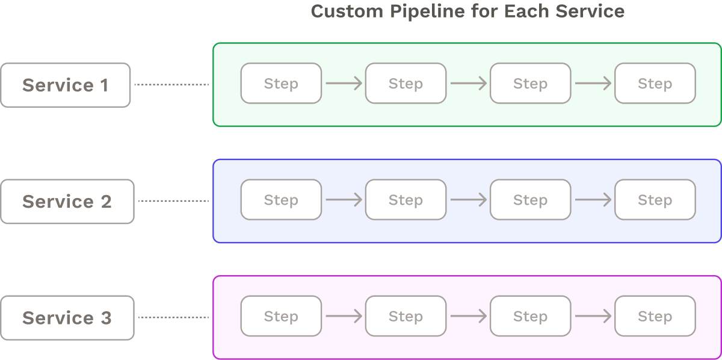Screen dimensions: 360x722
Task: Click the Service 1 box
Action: (65, 85)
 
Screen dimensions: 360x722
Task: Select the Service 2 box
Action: (67, 201)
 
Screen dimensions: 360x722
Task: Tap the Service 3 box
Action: (67, 317)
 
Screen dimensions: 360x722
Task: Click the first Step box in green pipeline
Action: (281, 83)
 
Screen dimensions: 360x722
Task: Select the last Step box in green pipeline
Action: (655, 83)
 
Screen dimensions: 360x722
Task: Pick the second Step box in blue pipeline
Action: (406, 199)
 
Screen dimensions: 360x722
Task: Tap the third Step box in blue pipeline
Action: (530, 199)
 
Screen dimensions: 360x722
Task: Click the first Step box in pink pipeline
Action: (281, 315)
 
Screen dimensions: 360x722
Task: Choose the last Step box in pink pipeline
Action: (655, 315)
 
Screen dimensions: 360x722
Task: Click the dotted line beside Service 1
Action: (171, 85)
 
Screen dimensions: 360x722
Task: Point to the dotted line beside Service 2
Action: (173, 201)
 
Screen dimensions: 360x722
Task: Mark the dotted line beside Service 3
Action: (173, 317)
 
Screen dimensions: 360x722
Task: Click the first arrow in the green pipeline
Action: (344, 83)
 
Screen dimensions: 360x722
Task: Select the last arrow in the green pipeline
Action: (593, 83)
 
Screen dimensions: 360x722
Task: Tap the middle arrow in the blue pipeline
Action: (468, 199)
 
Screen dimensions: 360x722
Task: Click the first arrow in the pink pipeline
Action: (344, 315)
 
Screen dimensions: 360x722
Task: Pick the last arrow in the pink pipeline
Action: (593, 315)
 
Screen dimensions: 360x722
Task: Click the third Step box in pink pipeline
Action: (530, 315)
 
